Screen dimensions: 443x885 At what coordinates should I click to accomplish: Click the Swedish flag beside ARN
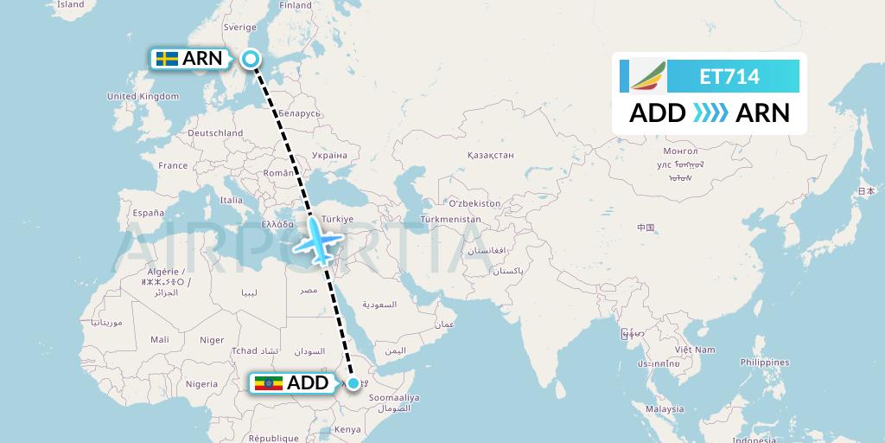[x=168, y=59]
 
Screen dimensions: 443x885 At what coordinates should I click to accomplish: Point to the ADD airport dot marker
[x=353, y=382]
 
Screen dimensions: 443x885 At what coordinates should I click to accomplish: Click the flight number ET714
[x=729, y=77]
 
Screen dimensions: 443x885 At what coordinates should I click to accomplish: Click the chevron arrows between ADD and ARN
[x=710, y=112]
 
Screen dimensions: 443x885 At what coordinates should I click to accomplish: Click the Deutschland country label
[x=215, y=133]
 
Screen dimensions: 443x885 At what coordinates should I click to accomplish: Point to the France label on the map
[x=173, y=165]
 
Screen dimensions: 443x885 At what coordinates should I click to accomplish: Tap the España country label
[x=148, y=212]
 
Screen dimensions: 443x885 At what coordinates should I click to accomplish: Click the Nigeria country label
[x=201, y=383]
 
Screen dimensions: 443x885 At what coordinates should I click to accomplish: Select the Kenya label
[x=347, y=429]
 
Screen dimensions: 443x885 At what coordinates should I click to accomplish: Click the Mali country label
[x=159, y=340]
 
